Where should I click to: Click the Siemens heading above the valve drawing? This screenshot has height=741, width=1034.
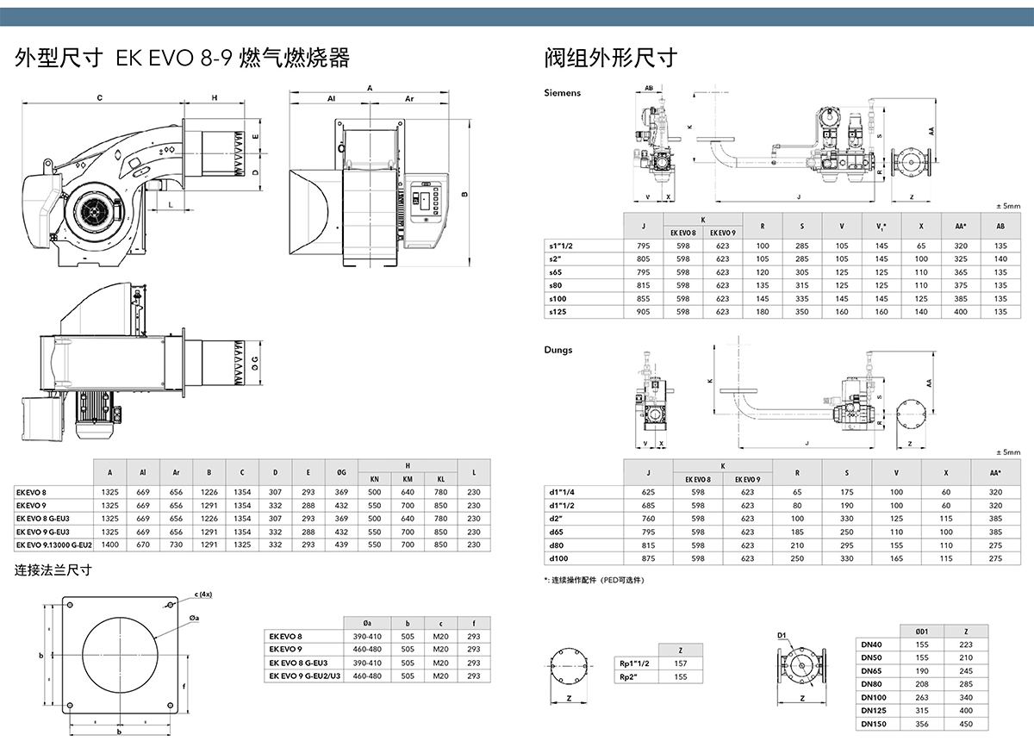click(563, 92)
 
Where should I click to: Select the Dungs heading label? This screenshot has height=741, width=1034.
click(557, 350)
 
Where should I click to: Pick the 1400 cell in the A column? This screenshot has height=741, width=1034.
click(109, 545)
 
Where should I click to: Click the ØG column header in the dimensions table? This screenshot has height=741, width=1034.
click(341, 472)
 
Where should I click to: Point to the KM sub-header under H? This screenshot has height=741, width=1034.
click(408, 478)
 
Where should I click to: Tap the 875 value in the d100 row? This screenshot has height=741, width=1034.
click(647, 558)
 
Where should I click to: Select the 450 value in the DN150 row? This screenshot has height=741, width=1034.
click(965, 723)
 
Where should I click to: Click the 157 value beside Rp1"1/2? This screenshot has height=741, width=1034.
click(681, 663)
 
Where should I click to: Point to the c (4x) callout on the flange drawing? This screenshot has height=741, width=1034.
click(202, 595)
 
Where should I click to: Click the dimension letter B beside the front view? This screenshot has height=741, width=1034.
click(464, 193)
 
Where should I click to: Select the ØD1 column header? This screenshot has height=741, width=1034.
click(922, 631)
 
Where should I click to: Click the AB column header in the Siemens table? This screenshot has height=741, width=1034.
click(1000, 227)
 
